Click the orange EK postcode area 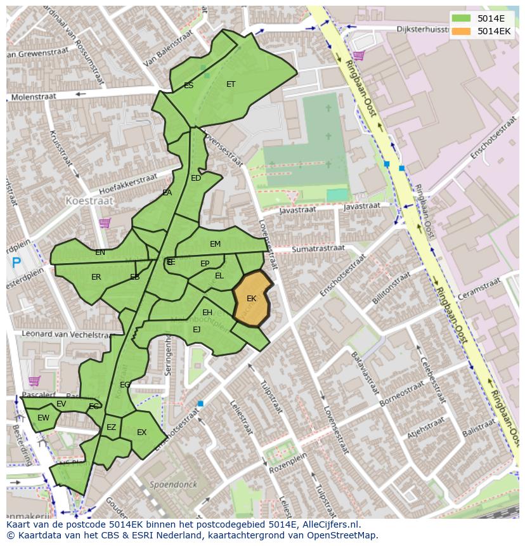pos(252,298)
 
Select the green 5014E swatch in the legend pos(461,18)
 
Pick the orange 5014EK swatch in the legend pos(461,31)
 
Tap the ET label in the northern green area pos(231,84)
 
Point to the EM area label pos(216,244)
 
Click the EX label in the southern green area pos(141,432)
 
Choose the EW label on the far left pos(43,418)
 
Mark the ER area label pos(96,277)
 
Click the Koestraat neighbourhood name pos(89,200)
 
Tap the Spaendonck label pos(173,484)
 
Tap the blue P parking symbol pos(16,263)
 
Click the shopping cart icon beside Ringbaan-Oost pos(358,56)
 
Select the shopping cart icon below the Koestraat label pos(104,223)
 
